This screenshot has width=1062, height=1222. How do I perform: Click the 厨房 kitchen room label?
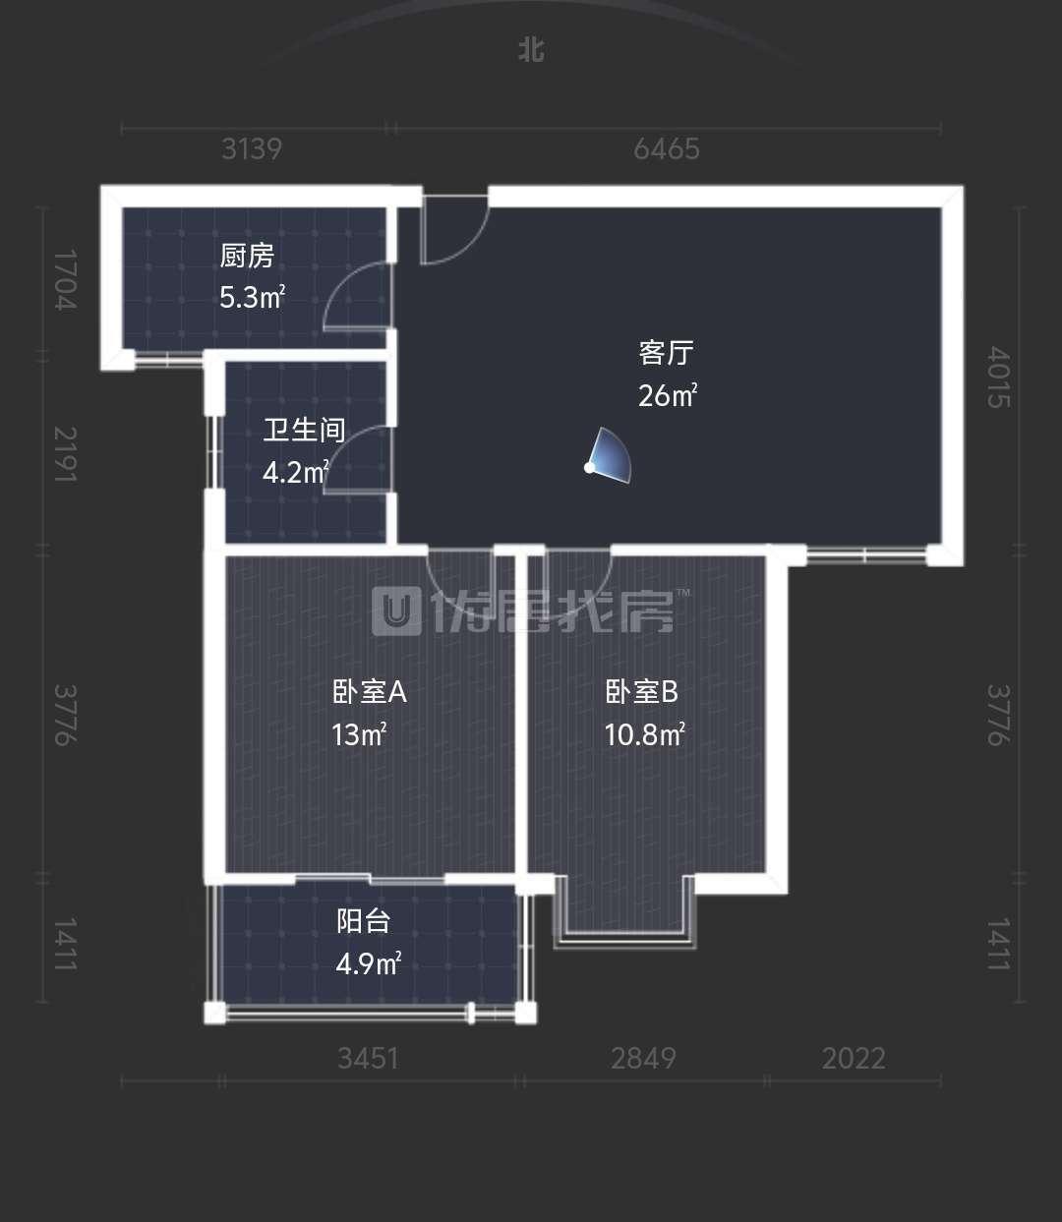247,257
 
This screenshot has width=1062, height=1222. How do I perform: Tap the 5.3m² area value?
252,298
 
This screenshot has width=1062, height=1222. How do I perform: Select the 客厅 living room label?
666,353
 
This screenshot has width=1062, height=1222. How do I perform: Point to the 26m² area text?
668,395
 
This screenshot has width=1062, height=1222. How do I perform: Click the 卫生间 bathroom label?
304,430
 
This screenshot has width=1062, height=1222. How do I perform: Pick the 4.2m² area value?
296,473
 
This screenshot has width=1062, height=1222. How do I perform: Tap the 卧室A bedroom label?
370,692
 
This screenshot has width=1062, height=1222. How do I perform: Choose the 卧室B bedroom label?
641,692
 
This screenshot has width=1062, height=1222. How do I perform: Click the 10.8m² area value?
644,734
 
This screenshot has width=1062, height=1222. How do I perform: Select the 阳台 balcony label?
363,921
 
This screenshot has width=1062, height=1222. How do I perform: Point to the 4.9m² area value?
369,963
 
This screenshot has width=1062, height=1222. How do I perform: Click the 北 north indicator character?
531,51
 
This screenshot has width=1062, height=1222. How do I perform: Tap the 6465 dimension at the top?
667,148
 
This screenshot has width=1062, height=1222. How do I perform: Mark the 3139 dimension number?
252,148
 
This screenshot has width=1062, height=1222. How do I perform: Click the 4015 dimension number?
998,377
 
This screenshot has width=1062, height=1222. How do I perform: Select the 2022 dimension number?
854,1059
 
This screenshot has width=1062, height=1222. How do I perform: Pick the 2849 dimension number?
643,1059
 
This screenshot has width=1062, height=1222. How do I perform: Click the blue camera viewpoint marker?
608,456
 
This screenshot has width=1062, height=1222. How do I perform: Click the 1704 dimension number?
66,280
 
